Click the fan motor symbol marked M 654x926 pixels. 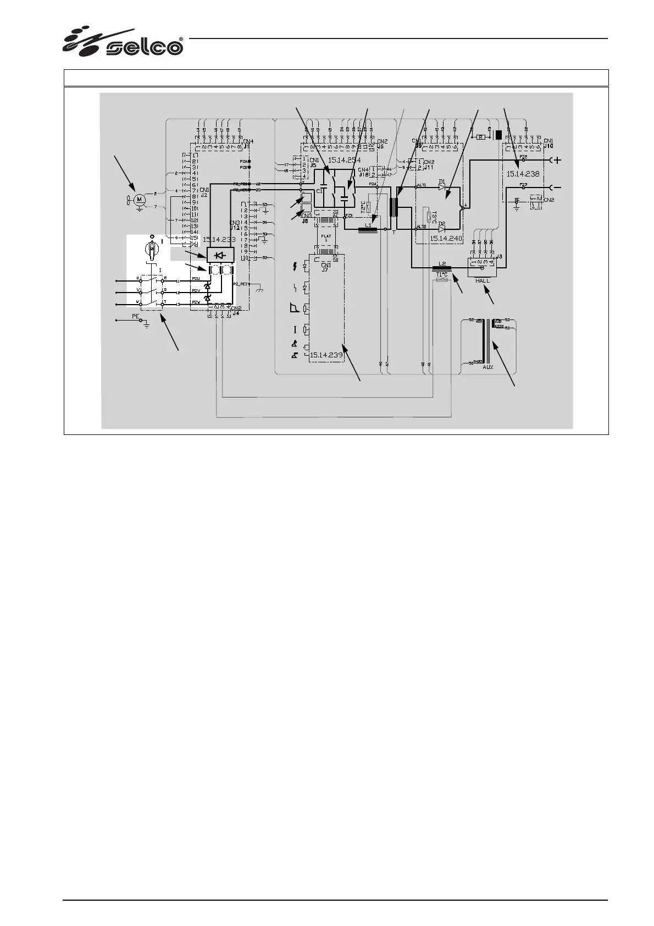(x=139, y=199)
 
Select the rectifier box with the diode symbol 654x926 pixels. (x=220, y=255)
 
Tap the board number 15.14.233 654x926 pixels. (x=219, y=240)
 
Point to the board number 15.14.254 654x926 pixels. (x=343, y=160)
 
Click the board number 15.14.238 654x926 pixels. (x=523, y=173)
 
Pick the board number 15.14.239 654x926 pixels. (x=326, y=355)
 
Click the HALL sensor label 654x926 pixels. (x=482, y=280)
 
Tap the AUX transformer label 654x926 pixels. (x=487, y=367)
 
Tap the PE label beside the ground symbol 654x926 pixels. (x=135, y=316)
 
